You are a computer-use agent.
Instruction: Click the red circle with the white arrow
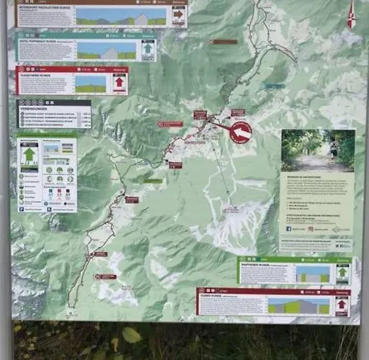(x=241, y=132)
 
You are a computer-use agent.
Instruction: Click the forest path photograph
(x=318, y=150)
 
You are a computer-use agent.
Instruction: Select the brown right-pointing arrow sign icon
(x=178, y=14)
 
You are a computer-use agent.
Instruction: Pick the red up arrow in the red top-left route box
(x=120, y=81)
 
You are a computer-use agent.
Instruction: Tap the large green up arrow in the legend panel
(x=30, y=154)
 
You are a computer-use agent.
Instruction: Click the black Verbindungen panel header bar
(x=54, y=104)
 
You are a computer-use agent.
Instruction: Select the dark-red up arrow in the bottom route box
(x=341, y=305)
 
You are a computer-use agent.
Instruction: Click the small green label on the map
(x=153, y=181)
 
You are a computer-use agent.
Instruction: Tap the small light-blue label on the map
(x=274, y=86)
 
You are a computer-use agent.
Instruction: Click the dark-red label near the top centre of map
(x=223, y=42)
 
